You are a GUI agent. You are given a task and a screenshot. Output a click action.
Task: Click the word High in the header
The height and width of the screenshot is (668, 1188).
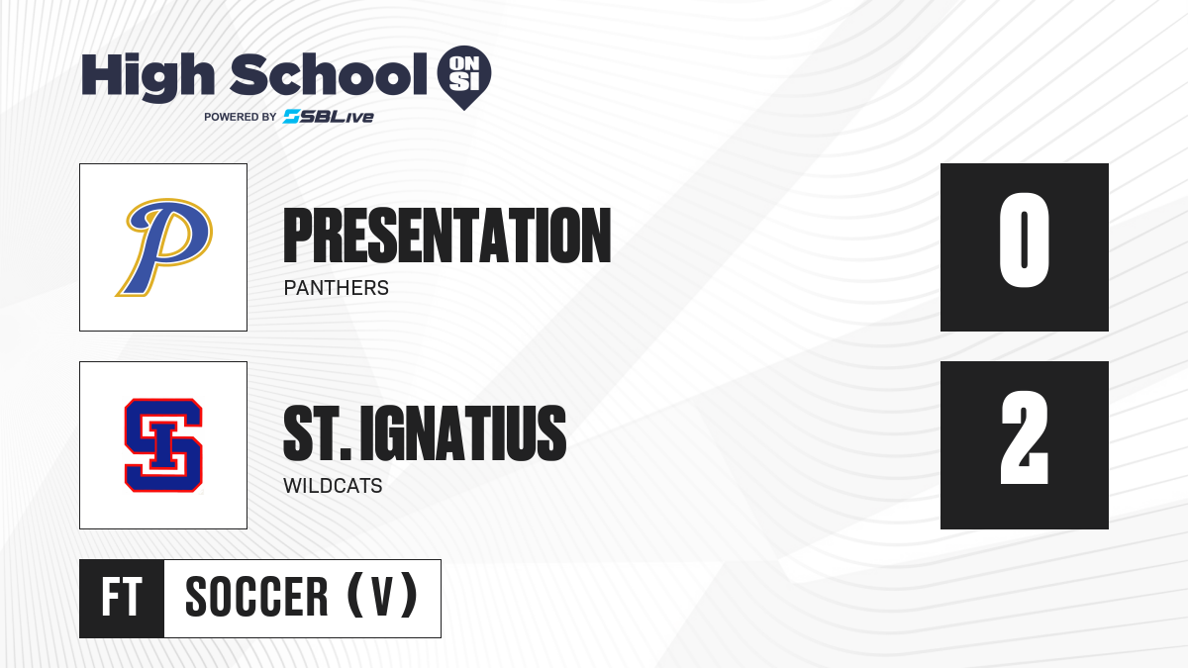pos(148,76)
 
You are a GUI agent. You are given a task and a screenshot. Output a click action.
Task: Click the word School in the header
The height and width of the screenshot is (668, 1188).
pos(329,74)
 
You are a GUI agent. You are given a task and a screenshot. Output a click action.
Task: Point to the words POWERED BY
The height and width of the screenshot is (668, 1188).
pos(241,117)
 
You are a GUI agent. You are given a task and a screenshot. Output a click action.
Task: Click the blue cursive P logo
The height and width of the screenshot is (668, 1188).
pos(164,247)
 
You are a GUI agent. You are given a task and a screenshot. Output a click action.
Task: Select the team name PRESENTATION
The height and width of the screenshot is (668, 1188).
pos(447,236)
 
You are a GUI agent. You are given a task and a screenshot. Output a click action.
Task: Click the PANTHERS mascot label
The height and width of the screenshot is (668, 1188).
pos(337,288)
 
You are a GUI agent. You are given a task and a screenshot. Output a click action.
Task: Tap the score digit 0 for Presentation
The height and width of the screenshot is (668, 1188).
pos(1024,239)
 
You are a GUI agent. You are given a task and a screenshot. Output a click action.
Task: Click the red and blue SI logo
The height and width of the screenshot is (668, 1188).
pos(163,445)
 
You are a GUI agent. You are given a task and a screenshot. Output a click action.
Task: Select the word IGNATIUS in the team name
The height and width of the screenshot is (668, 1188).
pos(463,433)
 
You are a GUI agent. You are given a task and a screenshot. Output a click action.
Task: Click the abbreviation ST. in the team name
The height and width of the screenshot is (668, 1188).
pos(317,433)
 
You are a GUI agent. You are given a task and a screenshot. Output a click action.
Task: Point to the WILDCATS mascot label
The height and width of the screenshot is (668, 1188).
pos(333,486)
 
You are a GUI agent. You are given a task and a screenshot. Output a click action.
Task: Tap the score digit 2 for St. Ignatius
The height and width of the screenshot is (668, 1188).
pos(1024,437)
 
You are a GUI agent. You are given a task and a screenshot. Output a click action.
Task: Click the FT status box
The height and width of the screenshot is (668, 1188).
pos(122,598)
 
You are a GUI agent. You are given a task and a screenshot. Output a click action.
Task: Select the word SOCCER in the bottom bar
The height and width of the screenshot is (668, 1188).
pos(256,597)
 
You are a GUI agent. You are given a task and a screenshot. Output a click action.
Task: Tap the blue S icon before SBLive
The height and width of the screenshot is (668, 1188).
pos(292,117)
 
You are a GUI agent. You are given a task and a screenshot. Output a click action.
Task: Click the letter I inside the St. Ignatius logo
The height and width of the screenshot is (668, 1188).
pos(163,445)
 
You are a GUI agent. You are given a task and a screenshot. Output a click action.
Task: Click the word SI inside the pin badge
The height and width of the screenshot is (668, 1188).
pos(464,82)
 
